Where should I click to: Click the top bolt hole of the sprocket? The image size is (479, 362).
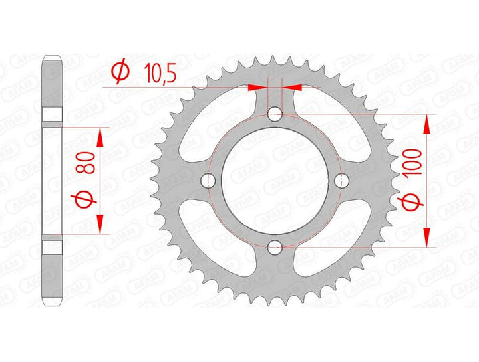click(x=275, y=114)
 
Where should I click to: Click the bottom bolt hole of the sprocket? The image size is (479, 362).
click(x=275, y=247)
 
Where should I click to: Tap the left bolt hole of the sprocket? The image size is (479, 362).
click(x=208, y=180)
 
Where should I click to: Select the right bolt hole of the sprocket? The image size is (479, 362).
click(x=341, y=181)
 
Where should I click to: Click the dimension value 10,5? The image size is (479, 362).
click(x=161, y=72)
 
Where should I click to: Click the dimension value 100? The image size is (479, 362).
click(x=412, y=161)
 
